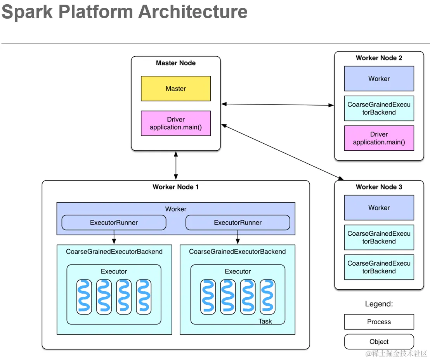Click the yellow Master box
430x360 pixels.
[x=176, y=89]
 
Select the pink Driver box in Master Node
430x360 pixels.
[x=176, y=123]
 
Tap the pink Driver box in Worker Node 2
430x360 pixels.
[x=379, y=138]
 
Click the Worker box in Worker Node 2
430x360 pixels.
[x=379, y=78]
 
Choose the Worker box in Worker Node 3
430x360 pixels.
[x=379, y=207]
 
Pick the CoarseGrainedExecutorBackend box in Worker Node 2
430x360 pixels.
[x=379, y=108]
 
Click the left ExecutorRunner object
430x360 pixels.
[x=114, y=223]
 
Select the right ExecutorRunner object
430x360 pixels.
[x=238, y=223]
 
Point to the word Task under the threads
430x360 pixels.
[x=265, y=321]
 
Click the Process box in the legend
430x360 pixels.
[x=379, y=322]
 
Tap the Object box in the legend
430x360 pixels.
[x=379, y=342]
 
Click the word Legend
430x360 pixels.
[x=379, y=304]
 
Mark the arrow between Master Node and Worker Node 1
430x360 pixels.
[x=176, y=165]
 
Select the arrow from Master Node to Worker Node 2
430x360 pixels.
[x=277, y=104]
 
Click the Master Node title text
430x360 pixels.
[x=176, y=63]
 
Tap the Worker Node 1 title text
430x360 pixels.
[x=176, y=187]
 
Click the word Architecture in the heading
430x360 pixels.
[x=193, y=12]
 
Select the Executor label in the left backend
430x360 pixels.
[x=114, y=271]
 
